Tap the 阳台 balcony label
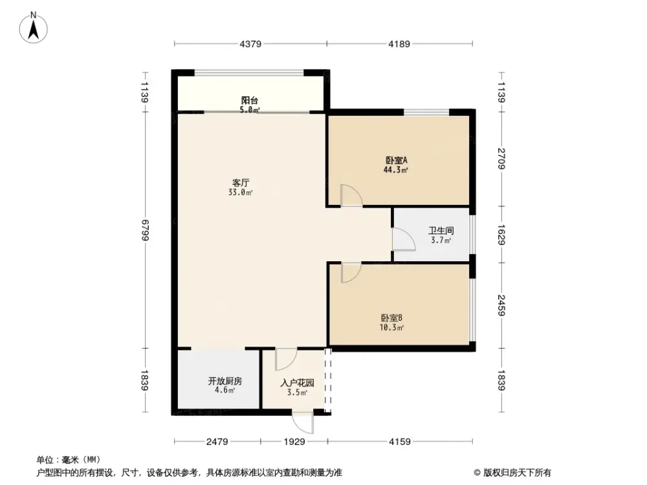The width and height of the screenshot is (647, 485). point(250,101)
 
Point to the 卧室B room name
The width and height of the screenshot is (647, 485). point(392,318)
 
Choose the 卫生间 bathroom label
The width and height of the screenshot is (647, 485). point(440,231)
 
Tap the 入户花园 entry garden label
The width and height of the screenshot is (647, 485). point(297,383)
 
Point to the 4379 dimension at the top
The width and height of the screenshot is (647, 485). point(250,45)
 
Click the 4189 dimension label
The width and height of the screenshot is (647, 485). point(399,45)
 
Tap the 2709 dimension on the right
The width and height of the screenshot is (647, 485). point(502,159)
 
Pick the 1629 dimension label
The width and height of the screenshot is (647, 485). point(502,234)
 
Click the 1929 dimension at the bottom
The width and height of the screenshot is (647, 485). point(294,442)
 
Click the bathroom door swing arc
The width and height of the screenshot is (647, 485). point(404,239)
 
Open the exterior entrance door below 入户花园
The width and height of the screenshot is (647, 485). point(303,423)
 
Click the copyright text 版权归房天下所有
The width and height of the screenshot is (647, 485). point(516,472)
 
